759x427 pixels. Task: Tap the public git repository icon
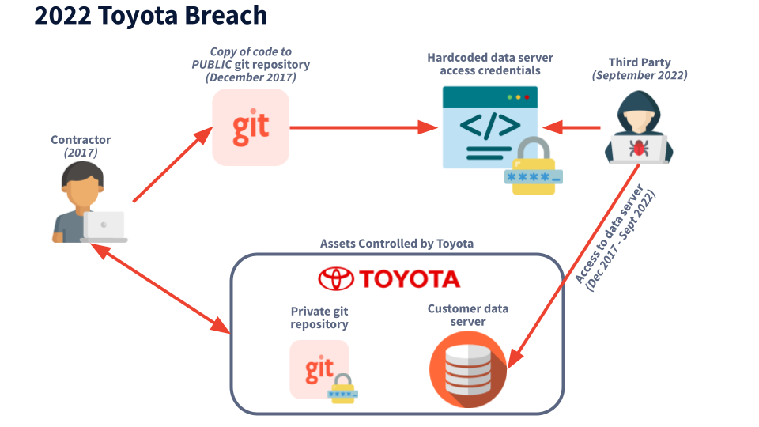pos(251,127)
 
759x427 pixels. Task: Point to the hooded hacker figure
pos(638,128)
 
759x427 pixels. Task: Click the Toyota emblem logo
pos(335,278)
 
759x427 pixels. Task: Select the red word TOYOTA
pos(409,279)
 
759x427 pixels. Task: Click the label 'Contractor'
pos(81,140)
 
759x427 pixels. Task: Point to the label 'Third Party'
pos(639,62)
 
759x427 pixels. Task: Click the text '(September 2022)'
pos(640,76)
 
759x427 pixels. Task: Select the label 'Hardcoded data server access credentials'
pos(490,64)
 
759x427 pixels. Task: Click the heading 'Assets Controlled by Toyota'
pos(397,244)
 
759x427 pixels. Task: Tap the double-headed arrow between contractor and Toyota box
pos(158,286)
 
